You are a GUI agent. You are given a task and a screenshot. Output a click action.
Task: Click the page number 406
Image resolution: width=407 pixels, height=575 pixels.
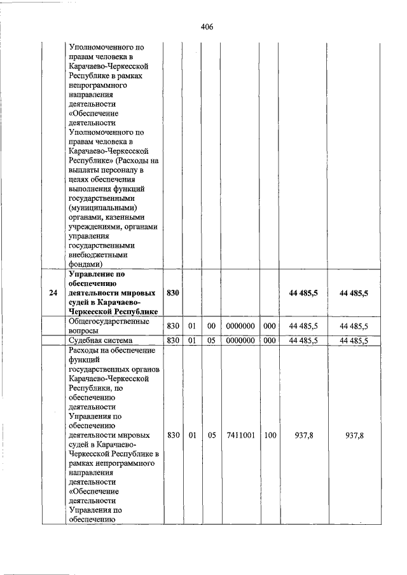206,27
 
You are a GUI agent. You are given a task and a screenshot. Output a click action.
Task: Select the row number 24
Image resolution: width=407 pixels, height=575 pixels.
53,293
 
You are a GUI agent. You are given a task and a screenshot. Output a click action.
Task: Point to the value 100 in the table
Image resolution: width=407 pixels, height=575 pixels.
270,436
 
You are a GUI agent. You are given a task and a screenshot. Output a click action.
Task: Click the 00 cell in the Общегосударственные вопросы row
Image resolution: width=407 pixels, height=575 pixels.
212,326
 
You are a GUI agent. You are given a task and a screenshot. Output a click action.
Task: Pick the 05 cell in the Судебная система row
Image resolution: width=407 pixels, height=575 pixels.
212,341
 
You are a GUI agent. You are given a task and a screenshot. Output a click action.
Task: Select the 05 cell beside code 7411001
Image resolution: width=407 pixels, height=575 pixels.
212,436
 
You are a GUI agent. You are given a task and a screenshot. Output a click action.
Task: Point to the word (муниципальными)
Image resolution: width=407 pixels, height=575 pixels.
102,208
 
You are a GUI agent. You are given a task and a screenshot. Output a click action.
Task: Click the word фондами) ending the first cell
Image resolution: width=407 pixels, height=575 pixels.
85,263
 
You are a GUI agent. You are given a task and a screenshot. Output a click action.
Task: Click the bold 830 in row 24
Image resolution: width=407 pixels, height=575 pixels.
173,293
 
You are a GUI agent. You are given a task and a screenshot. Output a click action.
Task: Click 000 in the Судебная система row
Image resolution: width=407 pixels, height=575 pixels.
270,341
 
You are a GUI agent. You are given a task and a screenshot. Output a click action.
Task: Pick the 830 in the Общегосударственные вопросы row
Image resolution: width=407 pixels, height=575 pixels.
173,326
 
